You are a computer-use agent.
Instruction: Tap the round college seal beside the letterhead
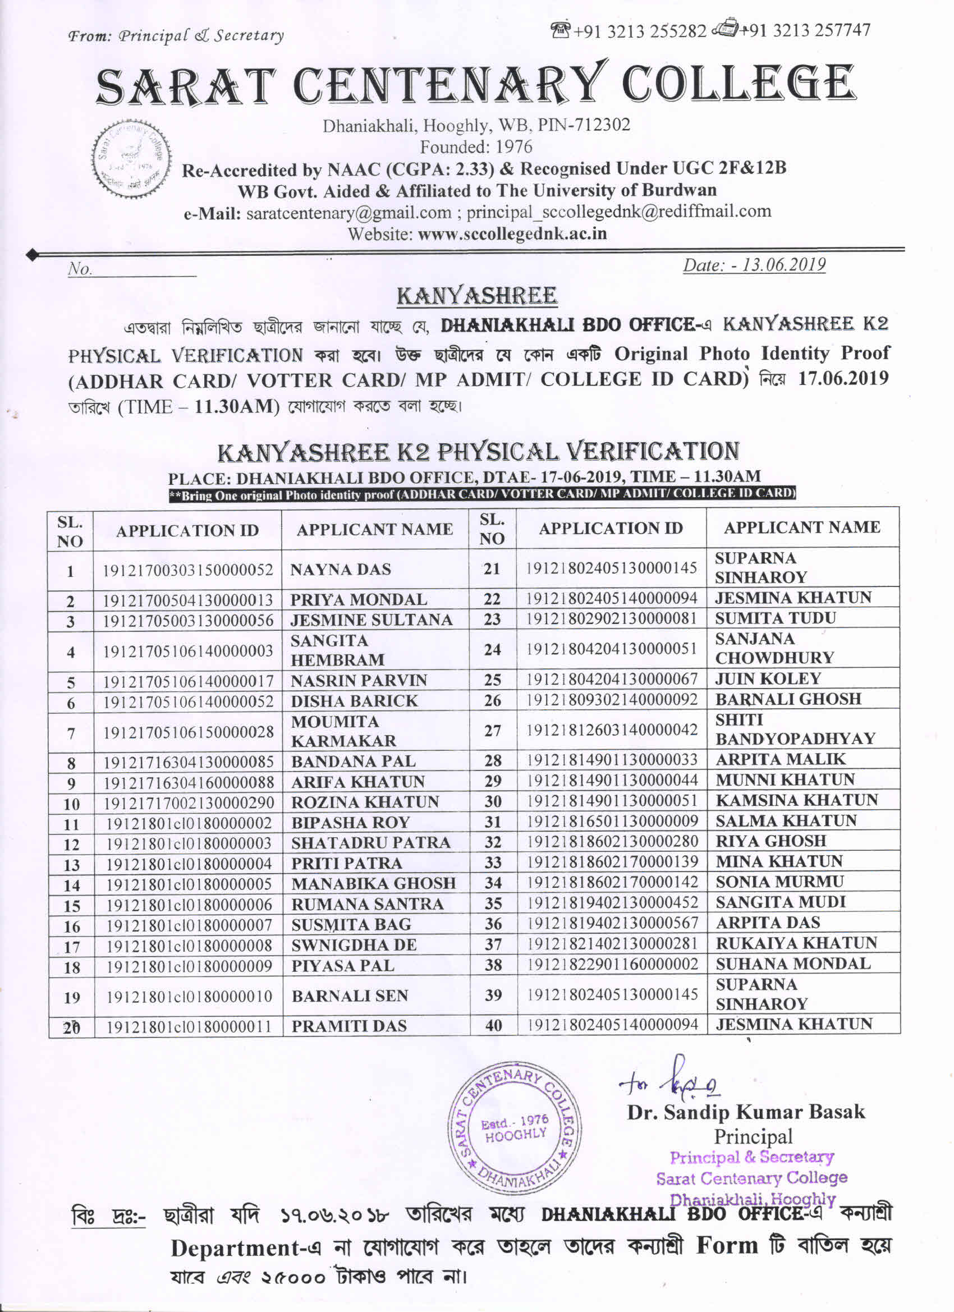coord(132,158)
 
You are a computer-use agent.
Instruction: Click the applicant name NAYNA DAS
coord(341,570)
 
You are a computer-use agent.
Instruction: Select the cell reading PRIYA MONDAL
coord(359,600)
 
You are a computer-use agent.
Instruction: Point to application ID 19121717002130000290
coord(189,804)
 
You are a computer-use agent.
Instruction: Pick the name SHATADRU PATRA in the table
coord(371,843)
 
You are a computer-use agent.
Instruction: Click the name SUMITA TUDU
coord(775,618)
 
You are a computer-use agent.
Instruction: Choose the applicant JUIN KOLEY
coord(768,678)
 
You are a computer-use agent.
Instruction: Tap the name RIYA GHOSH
coord(770,841)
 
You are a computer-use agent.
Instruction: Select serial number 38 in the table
coord(493,964)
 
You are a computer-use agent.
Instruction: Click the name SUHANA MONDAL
coord(792,964)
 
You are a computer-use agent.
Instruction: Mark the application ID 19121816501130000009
coord(612,821)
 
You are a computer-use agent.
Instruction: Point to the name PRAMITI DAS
coord(349,1026)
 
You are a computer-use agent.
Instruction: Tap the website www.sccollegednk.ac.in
coord(512,233)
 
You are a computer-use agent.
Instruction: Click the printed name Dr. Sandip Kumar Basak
coord(746,1112)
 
